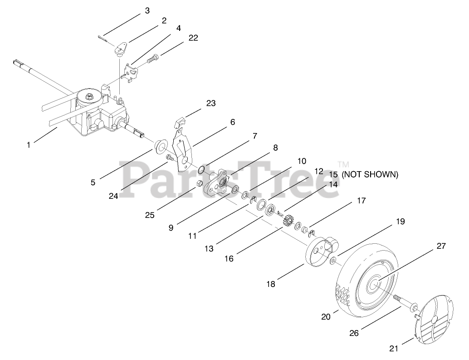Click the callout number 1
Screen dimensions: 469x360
point(29,145)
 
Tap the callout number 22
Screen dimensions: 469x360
point(193,38)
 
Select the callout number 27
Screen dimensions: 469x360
point(441,246)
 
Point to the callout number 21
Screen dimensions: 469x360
point(394,348)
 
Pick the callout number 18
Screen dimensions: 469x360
point(271,284)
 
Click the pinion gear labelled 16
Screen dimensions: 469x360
point(287,221)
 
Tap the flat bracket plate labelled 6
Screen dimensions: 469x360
point(184,150)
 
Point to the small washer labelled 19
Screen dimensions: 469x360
point(333,260)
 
